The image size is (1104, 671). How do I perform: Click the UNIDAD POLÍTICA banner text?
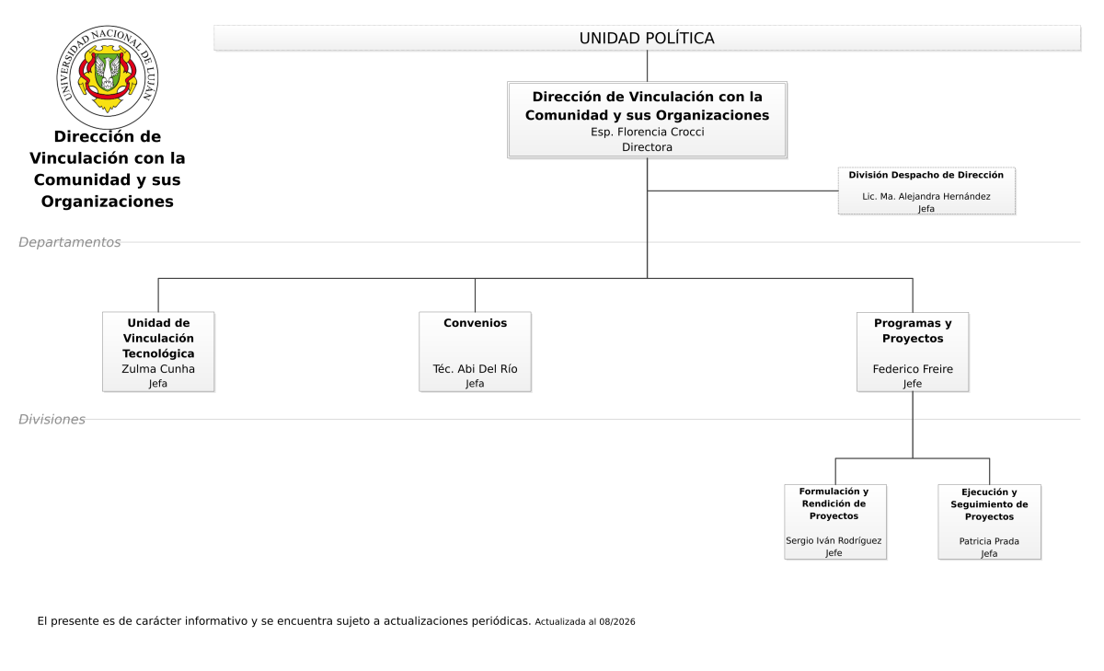[647, 38]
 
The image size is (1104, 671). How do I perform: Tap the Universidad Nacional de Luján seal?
[108, 77]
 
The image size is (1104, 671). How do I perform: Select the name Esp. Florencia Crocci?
[647, 133]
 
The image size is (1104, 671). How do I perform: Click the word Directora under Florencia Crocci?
[647, 147]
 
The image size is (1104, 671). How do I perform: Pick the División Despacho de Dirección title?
[926, 175]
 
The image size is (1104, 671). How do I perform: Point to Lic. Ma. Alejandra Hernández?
[926, 196]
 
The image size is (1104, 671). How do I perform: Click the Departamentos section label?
[70, 242]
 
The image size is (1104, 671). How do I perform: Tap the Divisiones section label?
[52, 419]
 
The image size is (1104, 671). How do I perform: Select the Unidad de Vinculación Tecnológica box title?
[158, 338]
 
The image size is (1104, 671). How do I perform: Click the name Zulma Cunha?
[158, 369]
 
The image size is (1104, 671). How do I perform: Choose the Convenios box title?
[475, 323]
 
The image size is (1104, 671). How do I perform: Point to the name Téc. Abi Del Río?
[475, 369]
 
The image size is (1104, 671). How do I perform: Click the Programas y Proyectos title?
[913, 330]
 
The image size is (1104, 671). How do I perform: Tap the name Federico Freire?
[913, 369]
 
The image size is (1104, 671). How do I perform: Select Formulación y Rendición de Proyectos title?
[834, 503]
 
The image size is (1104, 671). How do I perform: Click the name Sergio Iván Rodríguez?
[834, 540]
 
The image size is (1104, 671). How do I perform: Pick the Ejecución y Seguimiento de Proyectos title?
[989, 503]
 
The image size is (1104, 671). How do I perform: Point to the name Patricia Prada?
[989, 541]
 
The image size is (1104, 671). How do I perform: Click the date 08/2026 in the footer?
[617, 621]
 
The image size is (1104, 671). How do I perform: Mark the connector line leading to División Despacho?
[742, 191]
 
